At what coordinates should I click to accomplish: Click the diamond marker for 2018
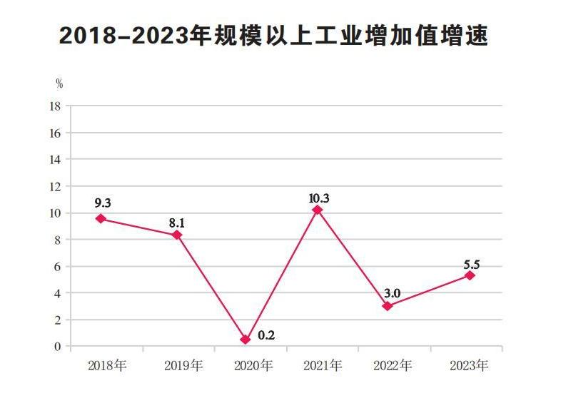click(101, 218)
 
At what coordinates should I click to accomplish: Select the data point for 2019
click(176, 235)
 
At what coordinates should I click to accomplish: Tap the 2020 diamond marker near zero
click(246, 340)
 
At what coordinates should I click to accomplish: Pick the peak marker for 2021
click(318, 210)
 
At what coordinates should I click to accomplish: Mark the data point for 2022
click(387, 306)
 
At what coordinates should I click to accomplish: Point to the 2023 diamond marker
click(470, 275)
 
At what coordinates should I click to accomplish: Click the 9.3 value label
click(103, 203)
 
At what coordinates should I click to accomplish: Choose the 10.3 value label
click(319, 198)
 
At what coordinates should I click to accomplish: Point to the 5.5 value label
click(472, 261)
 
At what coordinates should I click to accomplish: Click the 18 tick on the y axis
click(54, 106)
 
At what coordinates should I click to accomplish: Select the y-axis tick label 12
click(54, 186)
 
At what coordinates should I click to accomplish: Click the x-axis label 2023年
click(469, 367)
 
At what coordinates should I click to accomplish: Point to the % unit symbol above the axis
click(59, 84)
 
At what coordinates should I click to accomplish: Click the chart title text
click(273, 36)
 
